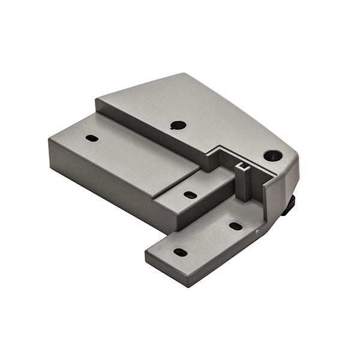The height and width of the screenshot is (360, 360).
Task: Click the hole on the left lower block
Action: (92, 138)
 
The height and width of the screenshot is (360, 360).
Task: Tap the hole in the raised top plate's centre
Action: (178, 125)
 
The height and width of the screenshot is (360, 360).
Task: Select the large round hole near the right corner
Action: (272, 155)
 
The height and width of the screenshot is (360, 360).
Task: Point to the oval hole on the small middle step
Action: (190, 195)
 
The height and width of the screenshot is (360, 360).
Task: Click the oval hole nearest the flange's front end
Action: (180, 253)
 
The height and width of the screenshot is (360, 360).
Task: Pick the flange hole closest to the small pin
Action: (236, 226)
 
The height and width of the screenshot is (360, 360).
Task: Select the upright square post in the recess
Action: (243, 183)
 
